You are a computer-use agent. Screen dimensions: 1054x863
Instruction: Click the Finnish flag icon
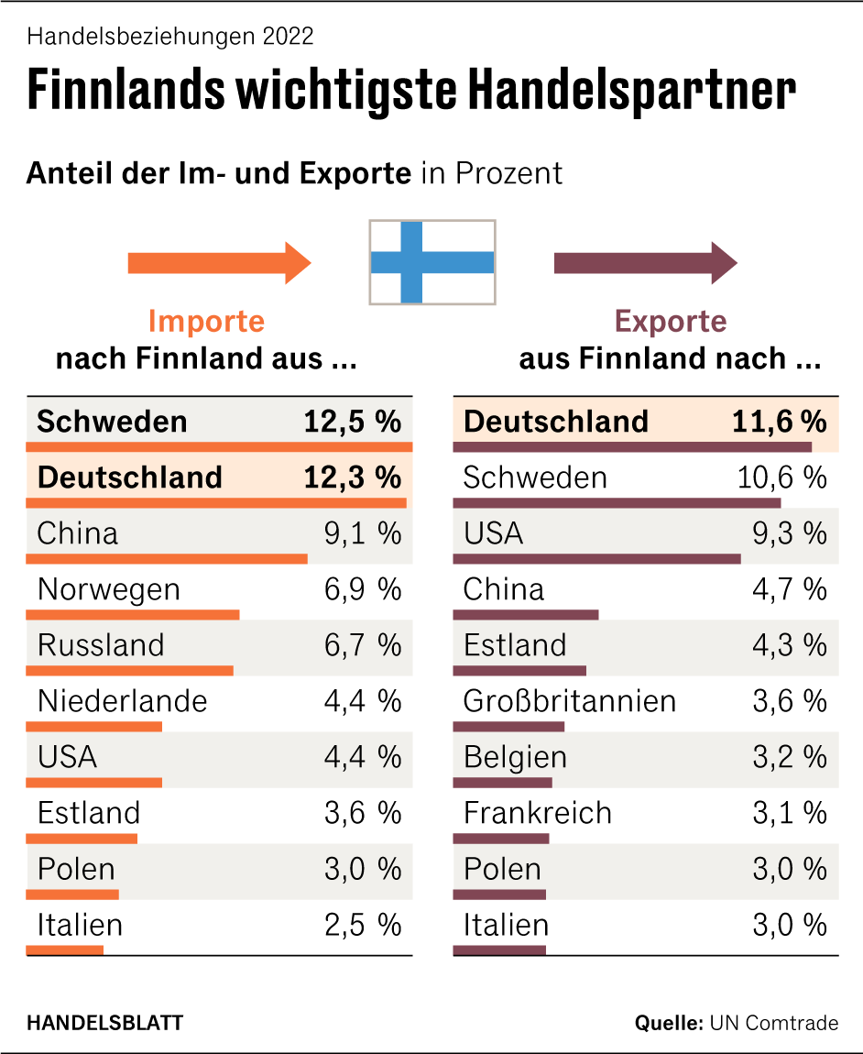tap(432, 262)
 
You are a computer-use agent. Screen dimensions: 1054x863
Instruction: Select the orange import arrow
tap(219, 263)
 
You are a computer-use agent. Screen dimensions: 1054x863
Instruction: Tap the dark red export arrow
tap(645, 263)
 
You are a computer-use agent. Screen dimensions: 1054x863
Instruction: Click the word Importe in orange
tap(206, 322)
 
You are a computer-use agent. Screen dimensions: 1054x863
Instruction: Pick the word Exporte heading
tap(671, 322)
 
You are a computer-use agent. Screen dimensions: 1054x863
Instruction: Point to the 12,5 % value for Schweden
tap(352, 422)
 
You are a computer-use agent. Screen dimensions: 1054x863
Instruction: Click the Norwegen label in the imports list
tap(109, 589)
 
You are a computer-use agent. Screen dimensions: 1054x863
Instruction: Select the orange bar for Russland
tap(129, 670)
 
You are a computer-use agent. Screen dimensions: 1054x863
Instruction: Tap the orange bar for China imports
tap(166, 558)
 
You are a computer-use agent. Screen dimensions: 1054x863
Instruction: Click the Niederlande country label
tap(123, 701)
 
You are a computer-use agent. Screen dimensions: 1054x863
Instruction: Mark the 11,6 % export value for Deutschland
tap(779, 422)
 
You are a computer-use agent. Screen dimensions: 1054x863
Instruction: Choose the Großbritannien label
tap(569, 701)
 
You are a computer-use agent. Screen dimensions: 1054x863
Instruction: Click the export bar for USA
tap(596, 558)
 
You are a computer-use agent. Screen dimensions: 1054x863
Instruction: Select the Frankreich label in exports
tap(537, 813)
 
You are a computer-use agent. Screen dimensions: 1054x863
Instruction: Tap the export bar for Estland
tap(519, 670)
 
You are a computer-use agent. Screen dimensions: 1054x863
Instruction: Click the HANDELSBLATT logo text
tap(104, 1023)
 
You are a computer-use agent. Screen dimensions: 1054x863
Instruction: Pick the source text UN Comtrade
tap(773, 1023)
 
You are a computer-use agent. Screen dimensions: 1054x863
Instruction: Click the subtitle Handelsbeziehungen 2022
tap(170, 37)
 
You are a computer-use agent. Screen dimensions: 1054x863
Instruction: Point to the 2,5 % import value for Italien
tap(362, 925)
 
